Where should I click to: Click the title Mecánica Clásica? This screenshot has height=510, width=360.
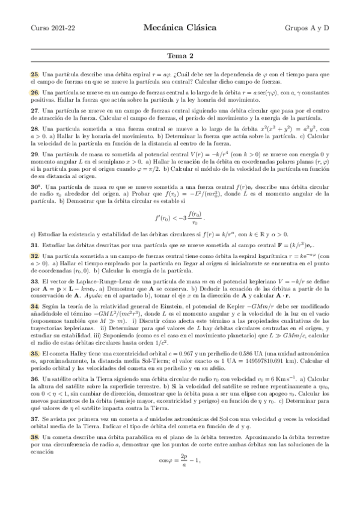pyautogui.click(x=180, y=27)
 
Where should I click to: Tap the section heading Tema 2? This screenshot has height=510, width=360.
pyautogui.click(x=180, y=57)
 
